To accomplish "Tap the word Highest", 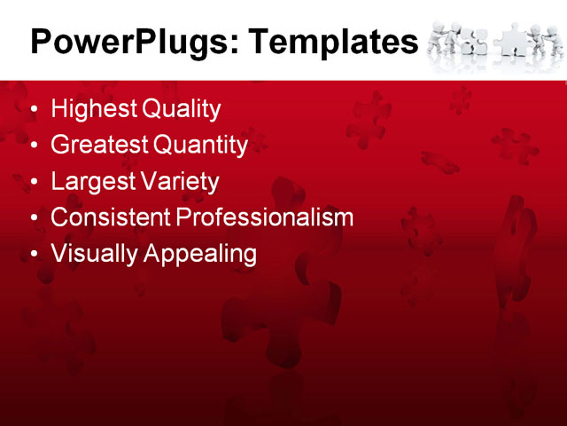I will [94, 110].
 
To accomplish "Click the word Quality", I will [181, 110].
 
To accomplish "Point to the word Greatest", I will [100, 146].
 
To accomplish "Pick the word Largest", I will [91, 182].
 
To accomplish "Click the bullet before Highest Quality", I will [35, 111].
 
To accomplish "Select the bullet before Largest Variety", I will [35, 183].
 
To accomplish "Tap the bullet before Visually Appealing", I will [35, 255].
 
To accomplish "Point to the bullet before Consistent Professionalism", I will [35, 218].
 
